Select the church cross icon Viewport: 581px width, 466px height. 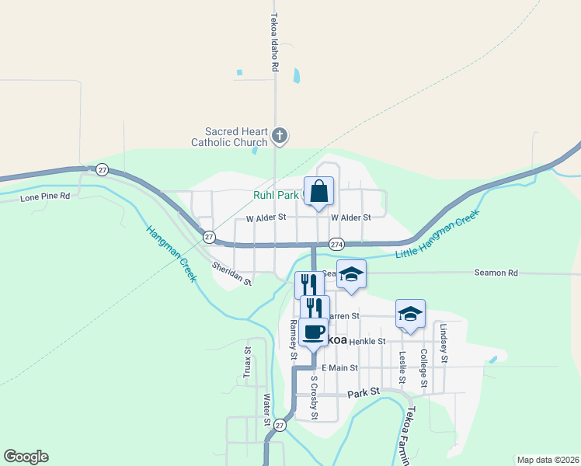coord(281,137)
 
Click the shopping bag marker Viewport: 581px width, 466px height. coord(319,190)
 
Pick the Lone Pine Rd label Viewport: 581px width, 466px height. coord(45,197)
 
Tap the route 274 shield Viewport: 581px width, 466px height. coord(336,243)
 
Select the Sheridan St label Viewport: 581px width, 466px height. coord(232,273)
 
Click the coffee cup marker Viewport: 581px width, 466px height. coord(314,332)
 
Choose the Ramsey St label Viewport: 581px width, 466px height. coord(294,340)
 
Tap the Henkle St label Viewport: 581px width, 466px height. coord(367,341)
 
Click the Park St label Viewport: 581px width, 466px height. coord(363,393)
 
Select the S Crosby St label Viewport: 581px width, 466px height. coord(315,398)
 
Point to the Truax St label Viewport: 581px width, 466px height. coord(247,363)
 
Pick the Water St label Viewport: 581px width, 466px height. coord(266,411)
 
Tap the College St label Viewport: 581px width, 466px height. coord(424,368)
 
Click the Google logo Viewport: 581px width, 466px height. coord(26,457)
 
